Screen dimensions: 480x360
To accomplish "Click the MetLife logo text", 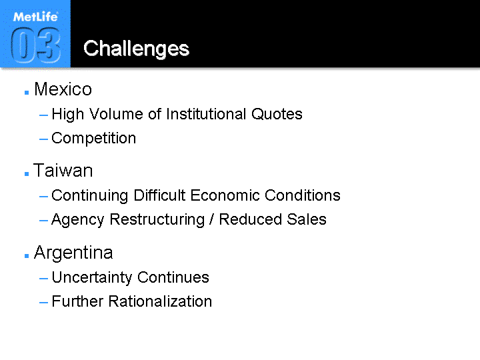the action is point(35,17).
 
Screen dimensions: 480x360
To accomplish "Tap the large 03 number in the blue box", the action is point(35,45).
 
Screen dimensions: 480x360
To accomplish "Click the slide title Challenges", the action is point(136,49).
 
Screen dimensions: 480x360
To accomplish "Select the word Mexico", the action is point(63,89).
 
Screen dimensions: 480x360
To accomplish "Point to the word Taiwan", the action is point(63,171).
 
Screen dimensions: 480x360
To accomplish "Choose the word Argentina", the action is point(73,253).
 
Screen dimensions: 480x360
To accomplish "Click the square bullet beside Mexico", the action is point(27,93).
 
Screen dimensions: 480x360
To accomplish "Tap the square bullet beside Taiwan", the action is point(27,174).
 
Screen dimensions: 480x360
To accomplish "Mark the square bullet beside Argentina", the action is point(27,255).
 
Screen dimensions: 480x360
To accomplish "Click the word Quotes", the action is point(277,114).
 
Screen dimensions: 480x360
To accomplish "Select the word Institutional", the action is point(206,114).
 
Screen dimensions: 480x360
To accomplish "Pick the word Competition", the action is point(94,139).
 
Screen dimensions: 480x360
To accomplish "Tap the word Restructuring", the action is point(157,220).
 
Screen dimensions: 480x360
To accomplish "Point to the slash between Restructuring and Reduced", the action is point(211,219).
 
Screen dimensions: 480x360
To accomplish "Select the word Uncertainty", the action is point(92,277).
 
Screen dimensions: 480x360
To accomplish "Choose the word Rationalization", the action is point(160,301).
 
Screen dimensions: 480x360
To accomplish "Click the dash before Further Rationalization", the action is point(43,303).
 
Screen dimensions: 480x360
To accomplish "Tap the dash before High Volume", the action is point(43,115).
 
